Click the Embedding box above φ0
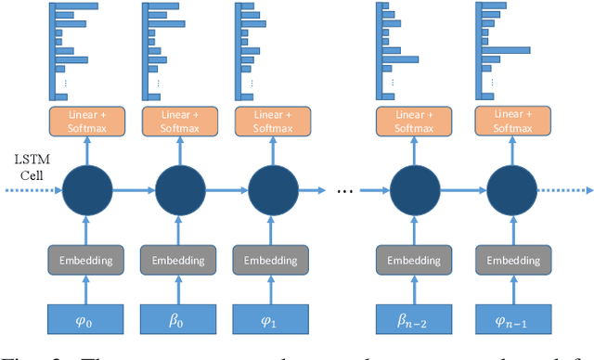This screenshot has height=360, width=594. (87, 260)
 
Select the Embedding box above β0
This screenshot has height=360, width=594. (180, 260)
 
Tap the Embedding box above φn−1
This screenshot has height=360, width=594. (506, 260)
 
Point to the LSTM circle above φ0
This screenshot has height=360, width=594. (87, 192)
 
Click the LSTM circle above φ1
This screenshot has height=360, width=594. (273, 192)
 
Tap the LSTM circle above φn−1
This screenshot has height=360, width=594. (506, 192)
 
